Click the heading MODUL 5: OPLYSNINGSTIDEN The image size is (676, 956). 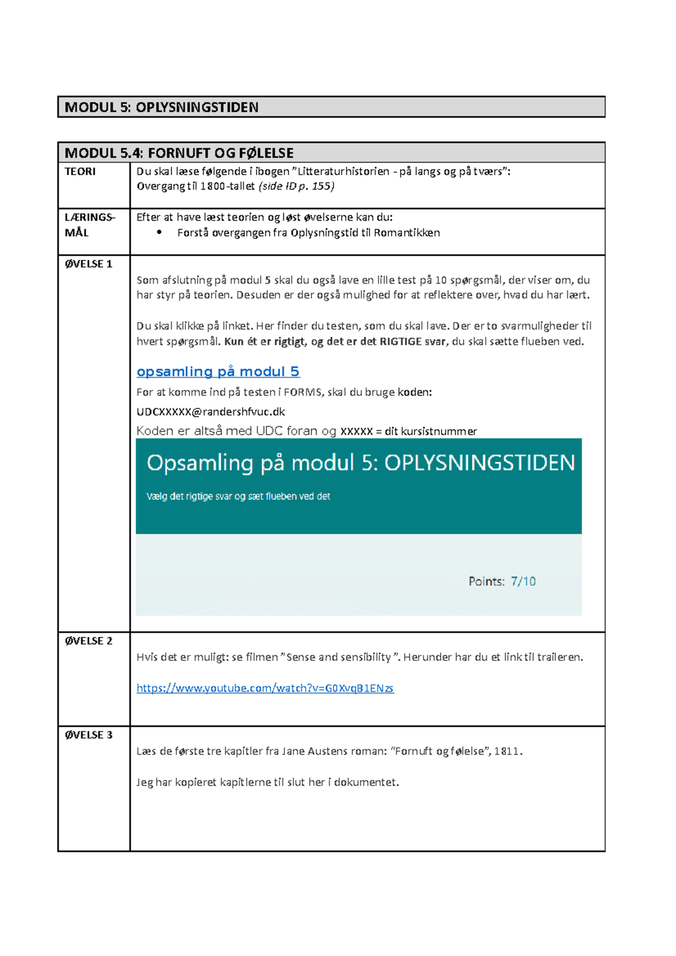(162, 107)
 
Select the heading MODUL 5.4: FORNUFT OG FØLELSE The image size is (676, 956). (179, 153)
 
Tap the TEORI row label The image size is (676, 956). (80, 171)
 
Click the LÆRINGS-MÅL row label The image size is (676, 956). (90, 225)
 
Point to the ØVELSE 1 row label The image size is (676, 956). (88, 263)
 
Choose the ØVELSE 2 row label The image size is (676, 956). (88, 641)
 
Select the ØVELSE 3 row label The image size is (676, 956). (88, 735)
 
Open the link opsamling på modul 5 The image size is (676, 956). (218, 372)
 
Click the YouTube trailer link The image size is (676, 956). (265, 688)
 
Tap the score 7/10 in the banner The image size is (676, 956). (523, 581)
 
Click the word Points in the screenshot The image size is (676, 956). (486, 581)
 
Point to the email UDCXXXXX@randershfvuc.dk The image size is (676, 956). (211, 412)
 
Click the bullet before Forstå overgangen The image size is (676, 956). (159, 233)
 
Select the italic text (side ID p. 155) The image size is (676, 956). (296, 186)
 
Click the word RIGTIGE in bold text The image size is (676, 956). (401, 341)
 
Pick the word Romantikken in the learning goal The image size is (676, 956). (407, 233)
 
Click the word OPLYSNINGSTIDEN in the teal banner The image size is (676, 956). (479, 463)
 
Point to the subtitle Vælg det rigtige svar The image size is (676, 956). (238, 496)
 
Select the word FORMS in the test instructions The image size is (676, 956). (301, 392)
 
